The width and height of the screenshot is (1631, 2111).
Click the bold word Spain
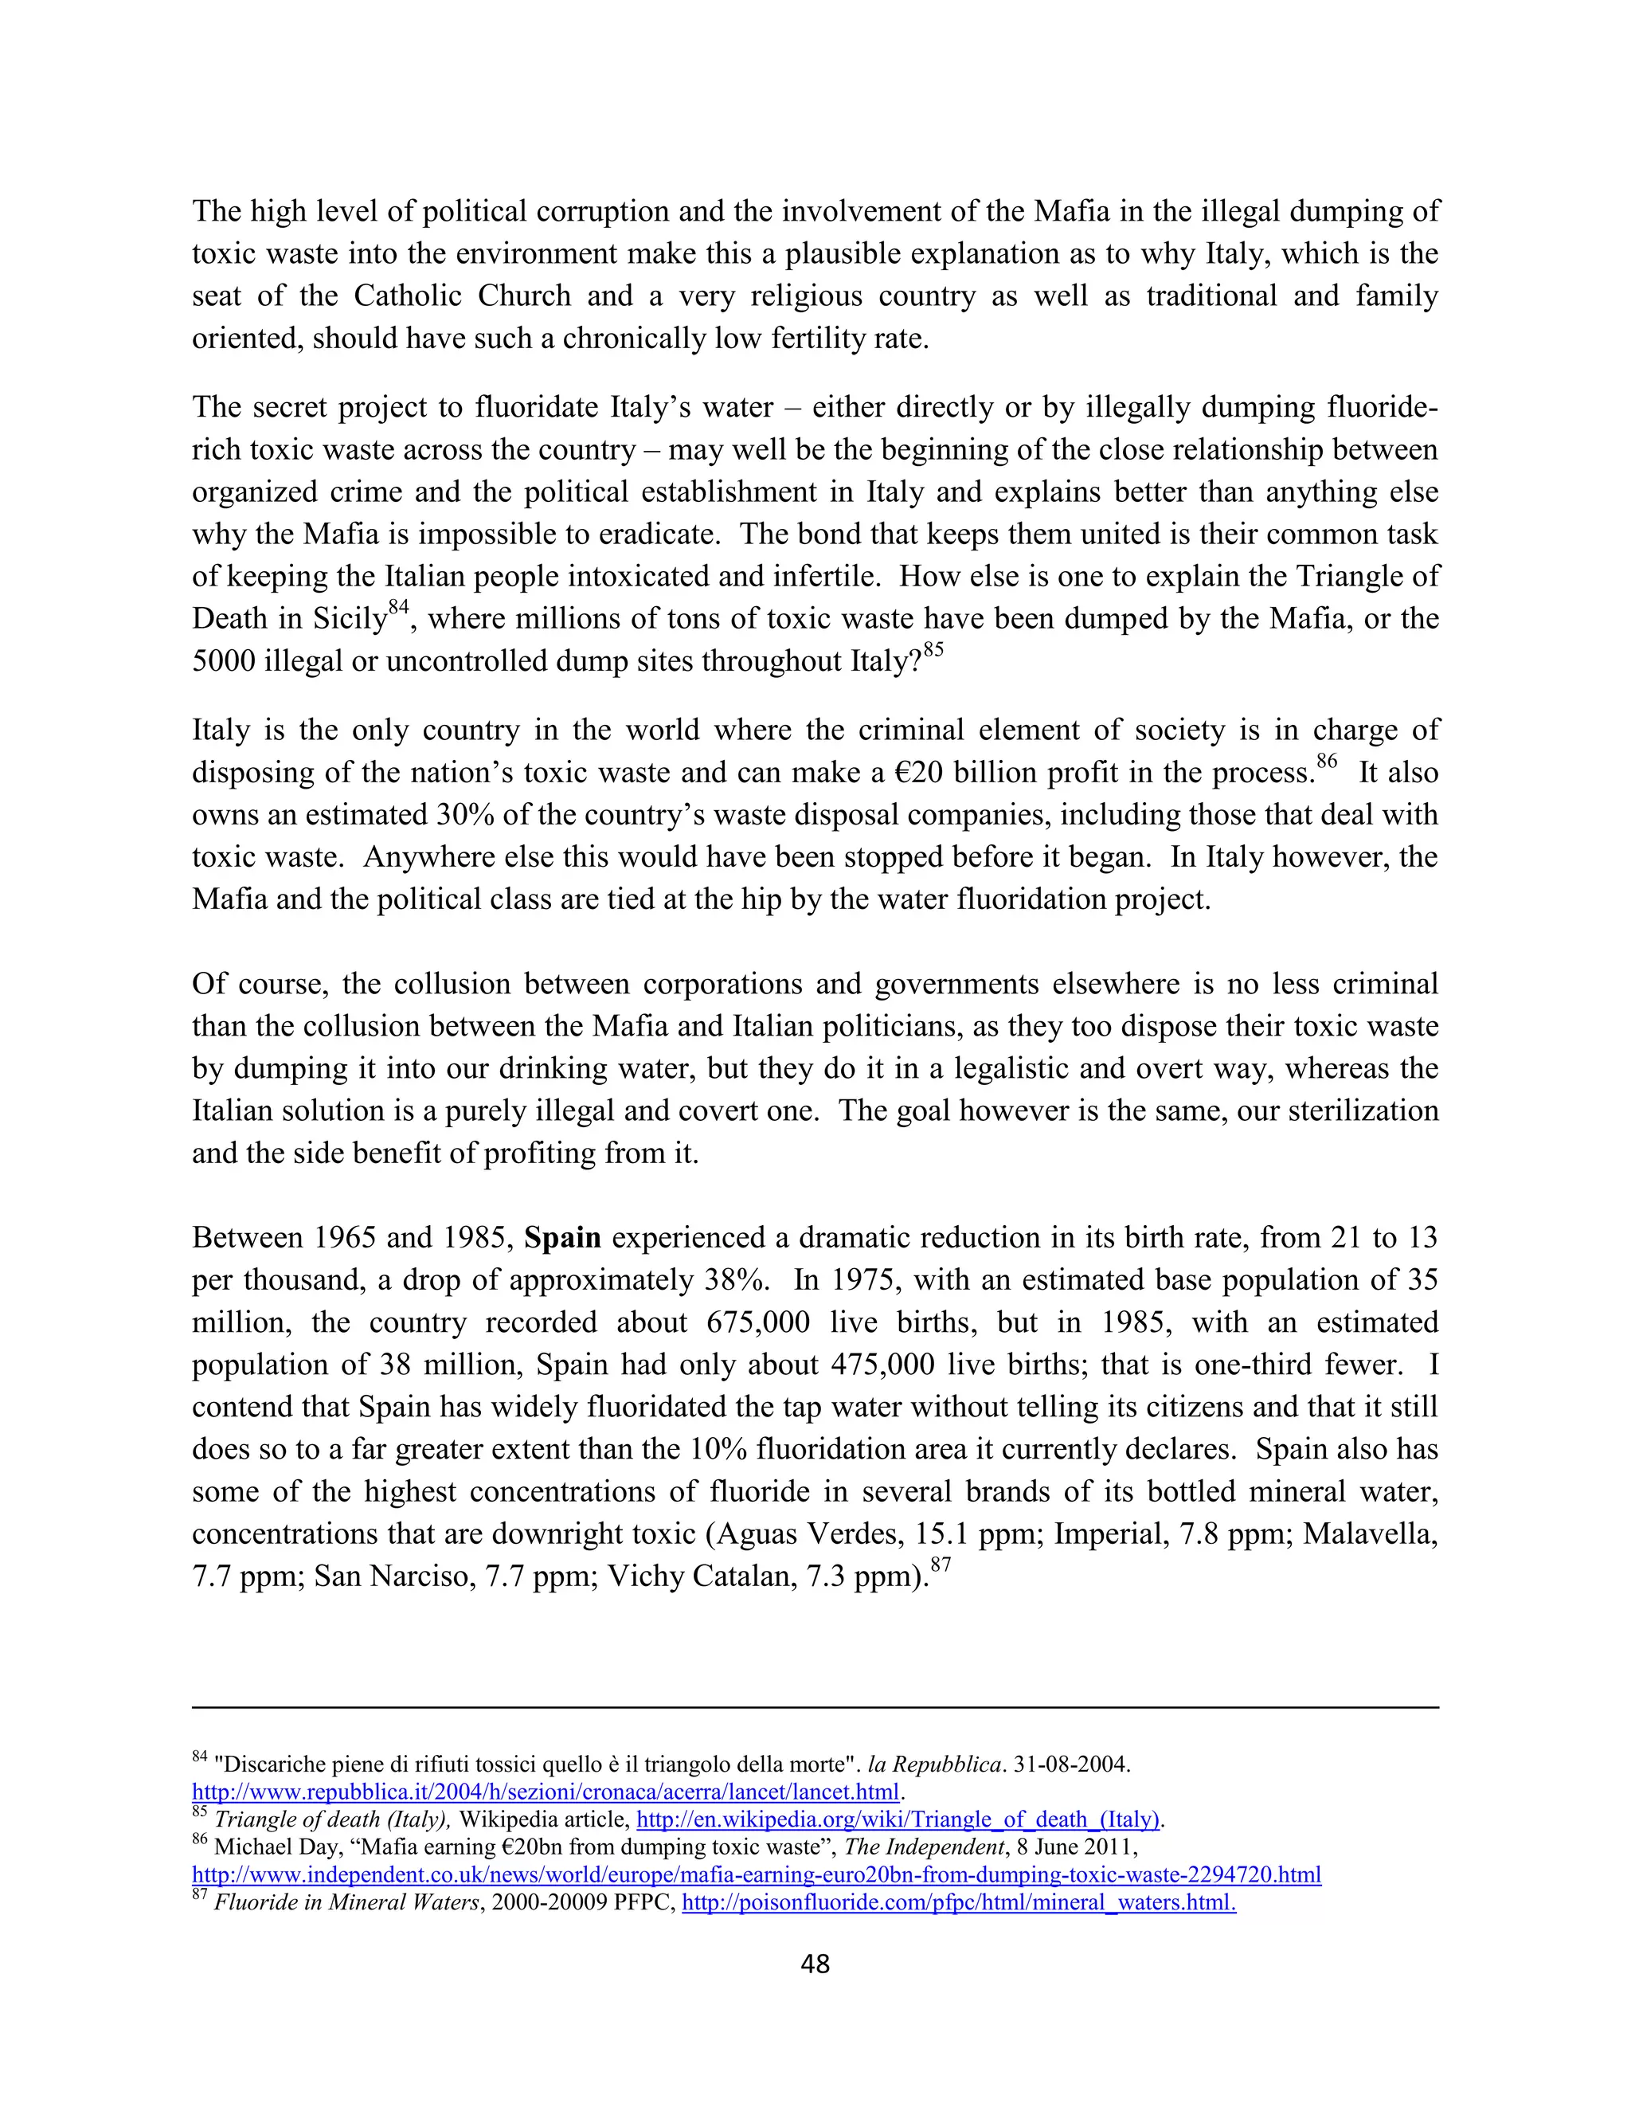pyautogui.click(x=562, y=1238)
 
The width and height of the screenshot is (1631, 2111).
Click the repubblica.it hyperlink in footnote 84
pyautogui.click(x=546, y=1791)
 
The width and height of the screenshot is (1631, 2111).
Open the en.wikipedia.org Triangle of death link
pyautogui.click(x=898, y=1819)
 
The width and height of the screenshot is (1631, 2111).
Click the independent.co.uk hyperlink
pyautogui.click(x=756, y=1874)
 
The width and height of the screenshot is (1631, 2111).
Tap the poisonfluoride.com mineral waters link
pyautogui.click(x=959, y=1902)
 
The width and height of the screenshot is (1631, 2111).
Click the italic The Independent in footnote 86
pyautogui.click(x=925, y=1847)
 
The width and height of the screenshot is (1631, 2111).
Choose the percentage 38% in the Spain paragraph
pyautogui.click(x=737, y=1281)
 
